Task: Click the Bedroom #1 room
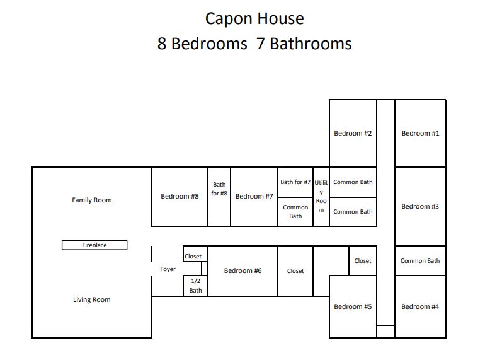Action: pyautogui.click(x=420, y=134)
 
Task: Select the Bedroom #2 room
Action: pyautogui.click(x=353, y=134)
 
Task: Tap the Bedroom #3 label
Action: pyautogui.click(x=420, y=206)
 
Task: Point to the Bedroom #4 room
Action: pyautogui.click(x=420, y=307)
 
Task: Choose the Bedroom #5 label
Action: pyautogui.click(x=353, y=307)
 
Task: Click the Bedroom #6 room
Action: pyautogui.click(x=243, y=271)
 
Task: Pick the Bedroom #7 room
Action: pyautogui.click(x=254, y=197)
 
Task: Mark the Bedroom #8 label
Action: pyautogui.click(x=180, y=196)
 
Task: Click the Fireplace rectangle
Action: pyautogui.click(x=94, y=245)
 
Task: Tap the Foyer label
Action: pyautogui.click(x=168, y=269)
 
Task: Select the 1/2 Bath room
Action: pyautogui.click(x=195, y=286)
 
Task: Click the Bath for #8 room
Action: pyautogui.click(x=219, y=197)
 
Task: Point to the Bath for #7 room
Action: pyautogui.click(x=295, y=182)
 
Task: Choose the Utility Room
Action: pyautogui.click(x=321, y=197)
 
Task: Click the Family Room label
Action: pyautogui.click(x=92, y=200)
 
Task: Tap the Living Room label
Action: pyautogui.click(x=92, y=299)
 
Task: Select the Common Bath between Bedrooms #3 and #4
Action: pyautogui.click(x=420, y=261)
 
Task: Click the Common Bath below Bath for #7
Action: pyautogui.click(x=295, y=212)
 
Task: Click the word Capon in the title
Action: pyautogui.click(x=229, y=19)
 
